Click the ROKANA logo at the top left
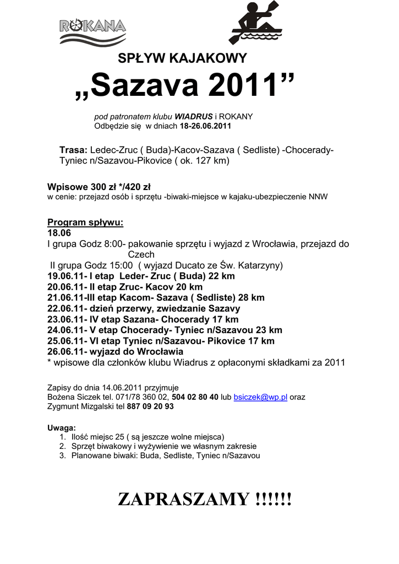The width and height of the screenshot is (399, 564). pyautogui.click(x=92, y=30)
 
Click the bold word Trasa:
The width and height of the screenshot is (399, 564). pyautogui.click(x=73, y=150)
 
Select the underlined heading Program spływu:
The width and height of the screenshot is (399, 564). pyautogui.click(x=85, y=223)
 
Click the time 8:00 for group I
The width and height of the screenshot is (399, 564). pyautogui.click(x=116, y=243)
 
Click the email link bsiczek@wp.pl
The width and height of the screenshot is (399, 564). pyautogui.click(x=261, y=397)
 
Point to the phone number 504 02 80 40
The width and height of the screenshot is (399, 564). pyautogui.click(x=195, y=397)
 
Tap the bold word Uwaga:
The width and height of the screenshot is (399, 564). pyautogui.click(x=62, y=427)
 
